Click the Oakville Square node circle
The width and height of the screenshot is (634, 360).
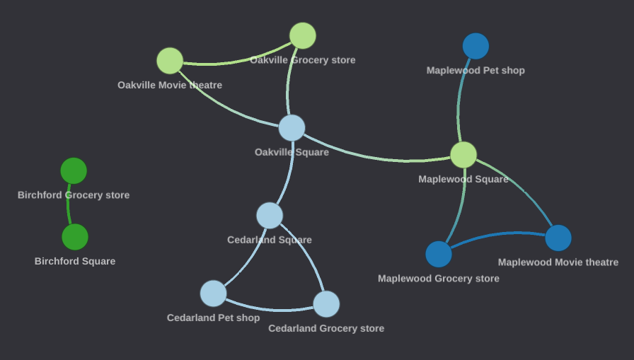pyautogui.click(x=292, y=128)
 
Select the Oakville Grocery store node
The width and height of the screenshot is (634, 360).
pyautogui.click(x=303, y=36)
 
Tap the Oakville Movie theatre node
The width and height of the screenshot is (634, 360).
pyautogui.click(x=170, y=61)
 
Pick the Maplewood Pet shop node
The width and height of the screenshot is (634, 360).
pyautogui.click(x=475, y=46)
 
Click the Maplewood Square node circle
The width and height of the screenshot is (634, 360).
pyautogui.click(x=463, y=155)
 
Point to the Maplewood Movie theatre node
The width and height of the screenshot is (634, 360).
pyautogui.click(x=558, y=238)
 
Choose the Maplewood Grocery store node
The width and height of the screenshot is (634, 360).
pyautogui.click(x=439, y=254)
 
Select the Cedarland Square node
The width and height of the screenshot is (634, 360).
pyautogui.click(x=270, y=215)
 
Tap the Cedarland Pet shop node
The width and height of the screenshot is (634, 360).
pyautogui.click(x=213, y=293)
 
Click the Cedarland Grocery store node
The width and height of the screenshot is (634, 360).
pyautogui.click(x=326, y=304)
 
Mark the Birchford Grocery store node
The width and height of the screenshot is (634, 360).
pyautogui.click(x=74, y=170)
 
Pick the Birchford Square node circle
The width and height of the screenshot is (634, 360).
pyautogui.click(x=75, y=237)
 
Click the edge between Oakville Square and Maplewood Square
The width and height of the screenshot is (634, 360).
pyautogui.click(x=375, y=156)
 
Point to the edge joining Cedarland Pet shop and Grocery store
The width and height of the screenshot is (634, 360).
pyautogui.click(x=272, y=309)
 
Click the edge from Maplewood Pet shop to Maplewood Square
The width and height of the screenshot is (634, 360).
pyautogui.click(x=459, y=99)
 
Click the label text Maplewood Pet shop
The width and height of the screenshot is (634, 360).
pyautogui.click(x=475, y=71)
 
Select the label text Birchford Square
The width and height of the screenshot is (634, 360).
pyautogui.click(x=75, y=262)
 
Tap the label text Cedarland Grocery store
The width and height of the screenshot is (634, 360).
pyautogui.click(x=326, y=329)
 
